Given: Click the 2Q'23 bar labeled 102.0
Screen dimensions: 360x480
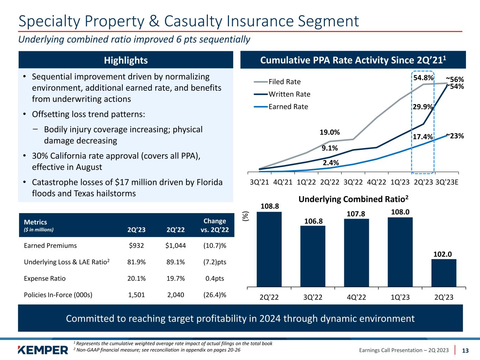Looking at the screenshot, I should coord(443,273).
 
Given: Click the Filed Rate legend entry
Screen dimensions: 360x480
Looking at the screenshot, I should coord(284,82).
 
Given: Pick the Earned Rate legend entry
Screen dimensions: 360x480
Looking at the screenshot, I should coord(288,107).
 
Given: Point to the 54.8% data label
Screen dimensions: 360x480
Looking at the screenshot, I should coord(423,77).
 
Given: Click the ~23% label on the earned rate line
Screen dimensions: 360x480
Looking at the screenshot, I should coord(455,136).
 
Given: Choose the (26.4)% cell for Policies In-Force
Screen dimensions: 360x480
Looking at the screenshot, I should coord(215,295).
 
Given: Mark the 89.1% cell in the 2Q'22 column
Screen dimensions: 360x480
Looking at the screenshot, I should coord(175,262).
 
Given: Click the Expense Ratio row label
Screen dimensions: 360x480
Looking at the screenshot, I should coord(45,278).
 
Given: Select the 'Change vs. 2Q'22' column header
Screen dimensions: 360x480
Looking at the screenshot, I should coord(215,225).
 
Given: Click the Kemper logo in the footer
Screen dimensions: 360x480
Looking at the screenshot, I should coord(43,350).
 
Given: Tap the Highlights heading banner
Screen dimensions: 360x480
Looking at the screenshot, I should coord(126,60).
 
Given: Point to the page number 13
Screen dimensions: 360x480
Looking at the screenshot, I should coord(465,351).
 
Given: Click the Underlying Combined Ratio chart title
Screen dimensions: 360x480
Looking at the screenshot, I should coord(353,199).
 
